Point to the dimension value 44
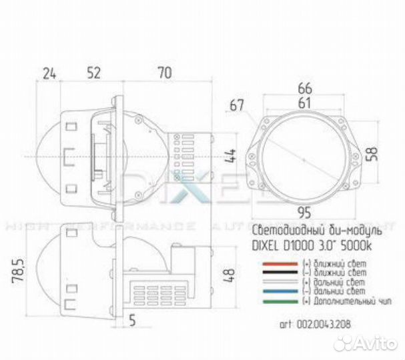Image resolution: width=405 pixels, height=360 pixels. tap(230, 156)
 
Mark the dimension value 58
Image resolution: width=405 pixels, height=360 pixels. tap(378, 153)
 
